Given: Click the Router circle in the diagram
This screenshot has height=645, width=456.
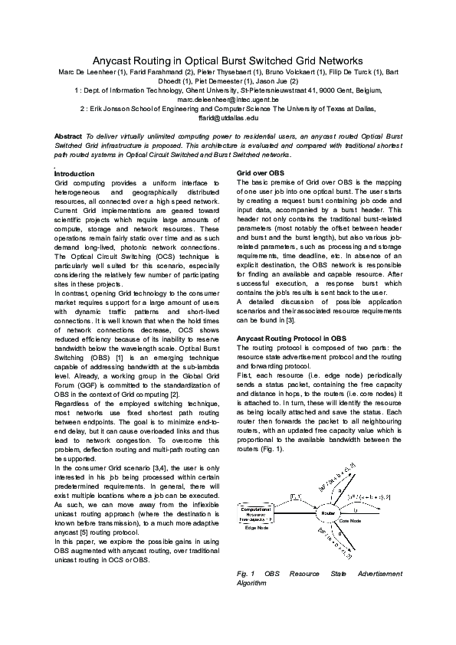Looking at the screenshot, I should (x=327, y=512).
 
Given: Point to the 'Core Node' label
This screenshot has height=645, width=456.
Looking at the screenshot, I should (x=349, y=520).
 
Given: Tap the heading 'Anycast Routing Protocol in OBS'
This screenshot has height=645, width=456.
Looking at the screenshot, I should (x=291, y=338).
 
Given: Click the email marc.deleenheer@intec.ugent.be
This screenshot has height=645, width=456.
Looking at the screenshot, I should (x=228, y=100).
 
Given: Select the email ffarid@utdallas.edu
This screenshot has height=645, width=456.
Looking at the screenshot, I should (x=228, y=119).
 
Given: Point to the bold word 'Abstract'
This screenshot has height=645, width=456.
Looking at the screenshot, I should (x=69, y=136).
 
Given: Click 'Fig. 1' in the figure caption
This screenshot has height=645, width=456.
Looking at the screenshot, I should (x=246, y=573).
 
